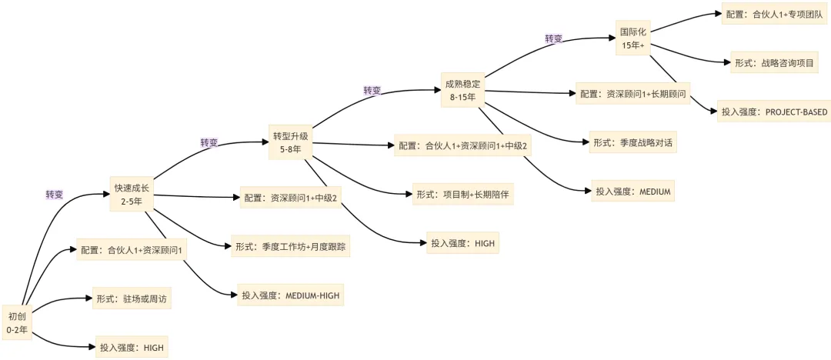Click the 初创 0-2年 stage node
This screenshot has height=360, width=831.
click(x=18, y=322)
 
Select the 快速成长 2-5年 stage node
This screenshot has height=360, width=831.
click(x=131, y=195)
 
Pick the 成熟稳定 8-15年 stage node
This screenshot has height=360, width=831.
click(x=462, y=90)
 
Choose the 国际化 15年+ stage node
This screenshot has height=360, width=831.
click(x=636, y=39)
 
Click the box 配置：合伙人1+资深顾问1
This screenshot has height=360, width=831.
click(x=130, y=250)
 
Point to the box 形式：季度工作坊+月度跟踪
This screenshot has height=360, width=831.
click(x=291, y=247)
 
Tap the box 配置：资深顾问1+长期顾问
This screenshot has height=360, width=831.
click(x=633, y=94)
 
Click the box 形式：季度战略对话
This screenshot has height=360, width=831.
click(x=635, y=143)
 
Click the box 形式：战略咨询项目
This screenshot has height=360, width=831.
click(x=773, y=63)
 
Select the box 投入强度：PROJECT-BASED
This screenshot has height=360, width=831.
click(x=773, y=112)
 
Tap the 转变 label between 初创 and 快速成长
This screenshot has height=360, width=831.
click(x=55, y=195)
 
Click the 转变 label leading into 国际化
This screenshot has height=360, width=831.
click(x=554, y=38)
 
